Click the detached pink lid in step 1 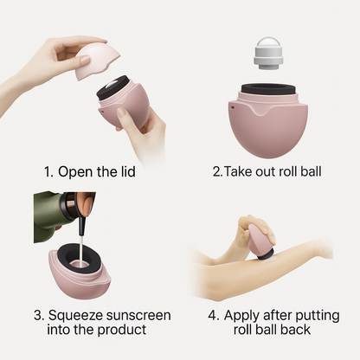97,62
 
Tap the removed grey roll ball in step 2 268,54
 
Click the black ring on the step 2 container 268,89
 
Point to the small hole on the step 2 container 233,107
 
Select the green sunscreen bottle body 49,216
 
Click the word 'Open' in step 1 75,172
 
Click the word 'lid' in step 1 127,171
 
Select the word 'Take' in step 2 235,171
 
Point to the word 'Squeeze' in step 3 75,316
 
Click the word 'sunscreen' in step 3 138,315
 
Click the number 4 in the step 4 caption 213,315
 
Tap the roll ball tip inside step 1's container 112,86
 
